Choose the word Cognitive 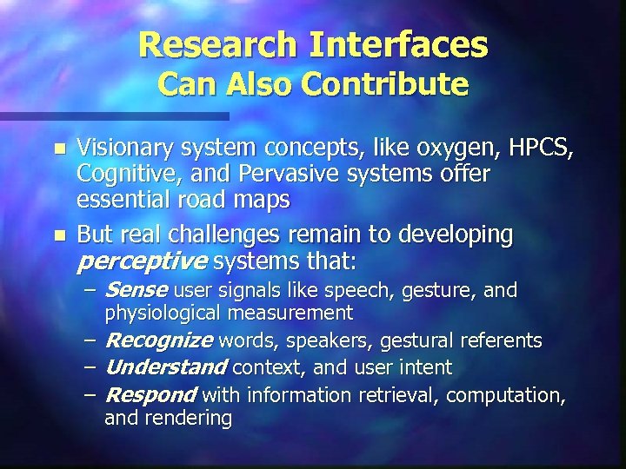pyautogui.click(x=118, y=174)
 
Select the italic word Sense pyautogui.click(x=136, y=290)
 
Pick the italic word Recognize pyautogui.click(x=158, y=340)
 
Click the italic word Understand pyautogui.click(x=165, y=367)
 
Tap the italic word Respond pyautogui.click(x=150, y=396)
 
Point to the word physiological pyautogui.click(x=160, y=313)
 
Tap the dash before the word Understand pyautogui.click(x=90, y=367)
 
